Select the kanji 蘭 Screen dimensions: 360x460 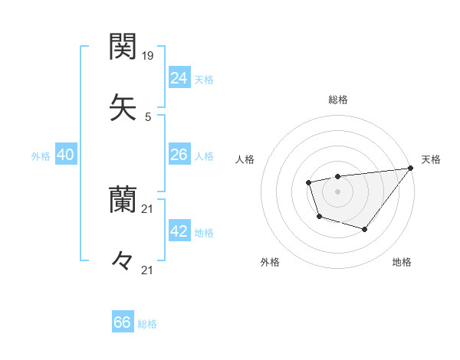coord(123,201)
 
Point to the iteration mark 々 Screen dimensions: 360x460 coord(123,260)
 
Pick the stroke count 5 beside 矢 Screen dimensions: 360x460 coord(148,116)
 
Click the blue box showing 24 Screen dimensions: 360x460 coord(179,77)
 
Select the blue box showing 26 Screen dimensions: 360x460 coord(179,155)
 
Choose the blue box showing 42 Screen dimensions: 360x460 coord(179,231)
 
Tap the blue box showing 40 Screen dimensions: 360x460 coord(66,155)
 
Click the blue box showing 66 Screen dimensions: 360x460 coord(123,322)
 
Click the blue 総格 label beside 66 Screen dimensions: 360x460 coord(147,324)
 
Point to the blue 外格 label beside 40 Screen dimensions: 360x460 coord(41,156)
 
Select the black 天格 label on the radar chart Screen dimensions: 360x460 coord(431,159)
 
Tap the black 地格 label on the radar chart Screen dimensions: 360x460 coord(402,262)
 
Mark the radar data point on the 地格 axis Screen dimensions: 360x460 coord(365,229)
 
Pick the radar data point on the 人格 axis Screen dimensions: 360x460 coord(308,182)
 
